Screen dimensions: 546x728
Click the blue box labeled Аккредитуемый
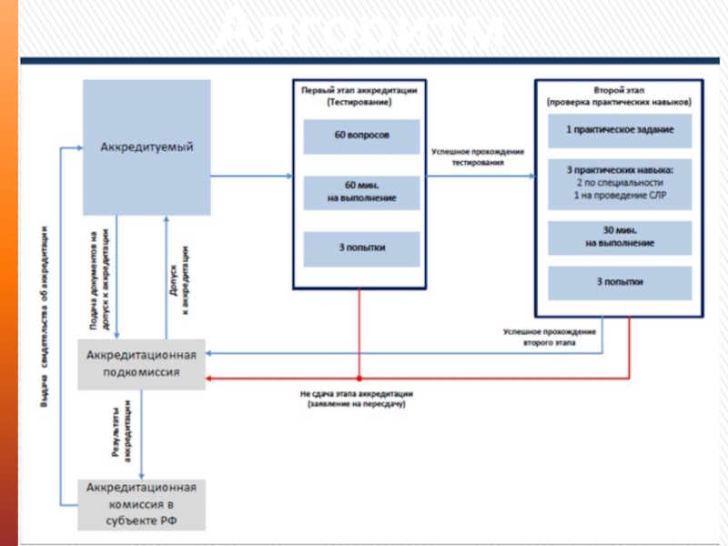pyautogui.click(x=147, y=147)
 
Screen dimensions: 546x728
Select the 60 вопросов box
pyautogui.click(x=361, y=136)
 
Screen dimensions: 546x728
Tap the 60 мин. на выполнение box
pyautogui.click(x=361, y=192)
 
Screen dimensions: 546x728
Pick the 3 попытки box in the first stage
pyautogui.click(x=361, y=248)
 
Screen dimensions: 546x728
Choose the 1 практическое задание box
pyautogui.click(x=620, y=130)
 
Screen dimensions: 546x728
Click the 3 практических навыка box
pyautogui.click(x=620, y=185)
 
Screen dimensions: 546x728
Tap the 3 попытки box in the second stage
pyautogui.click(x=620, y=283)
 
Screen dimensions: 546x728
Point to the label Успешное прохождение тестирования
pyautogui.click(x=478, y=156)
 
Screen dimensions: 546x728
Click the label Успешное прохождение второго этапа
pyautogui.click(x=549, y=338)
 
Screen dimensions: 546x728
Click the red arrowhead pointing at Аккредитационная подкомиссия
pyautogui.click(x=211, y=377)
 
